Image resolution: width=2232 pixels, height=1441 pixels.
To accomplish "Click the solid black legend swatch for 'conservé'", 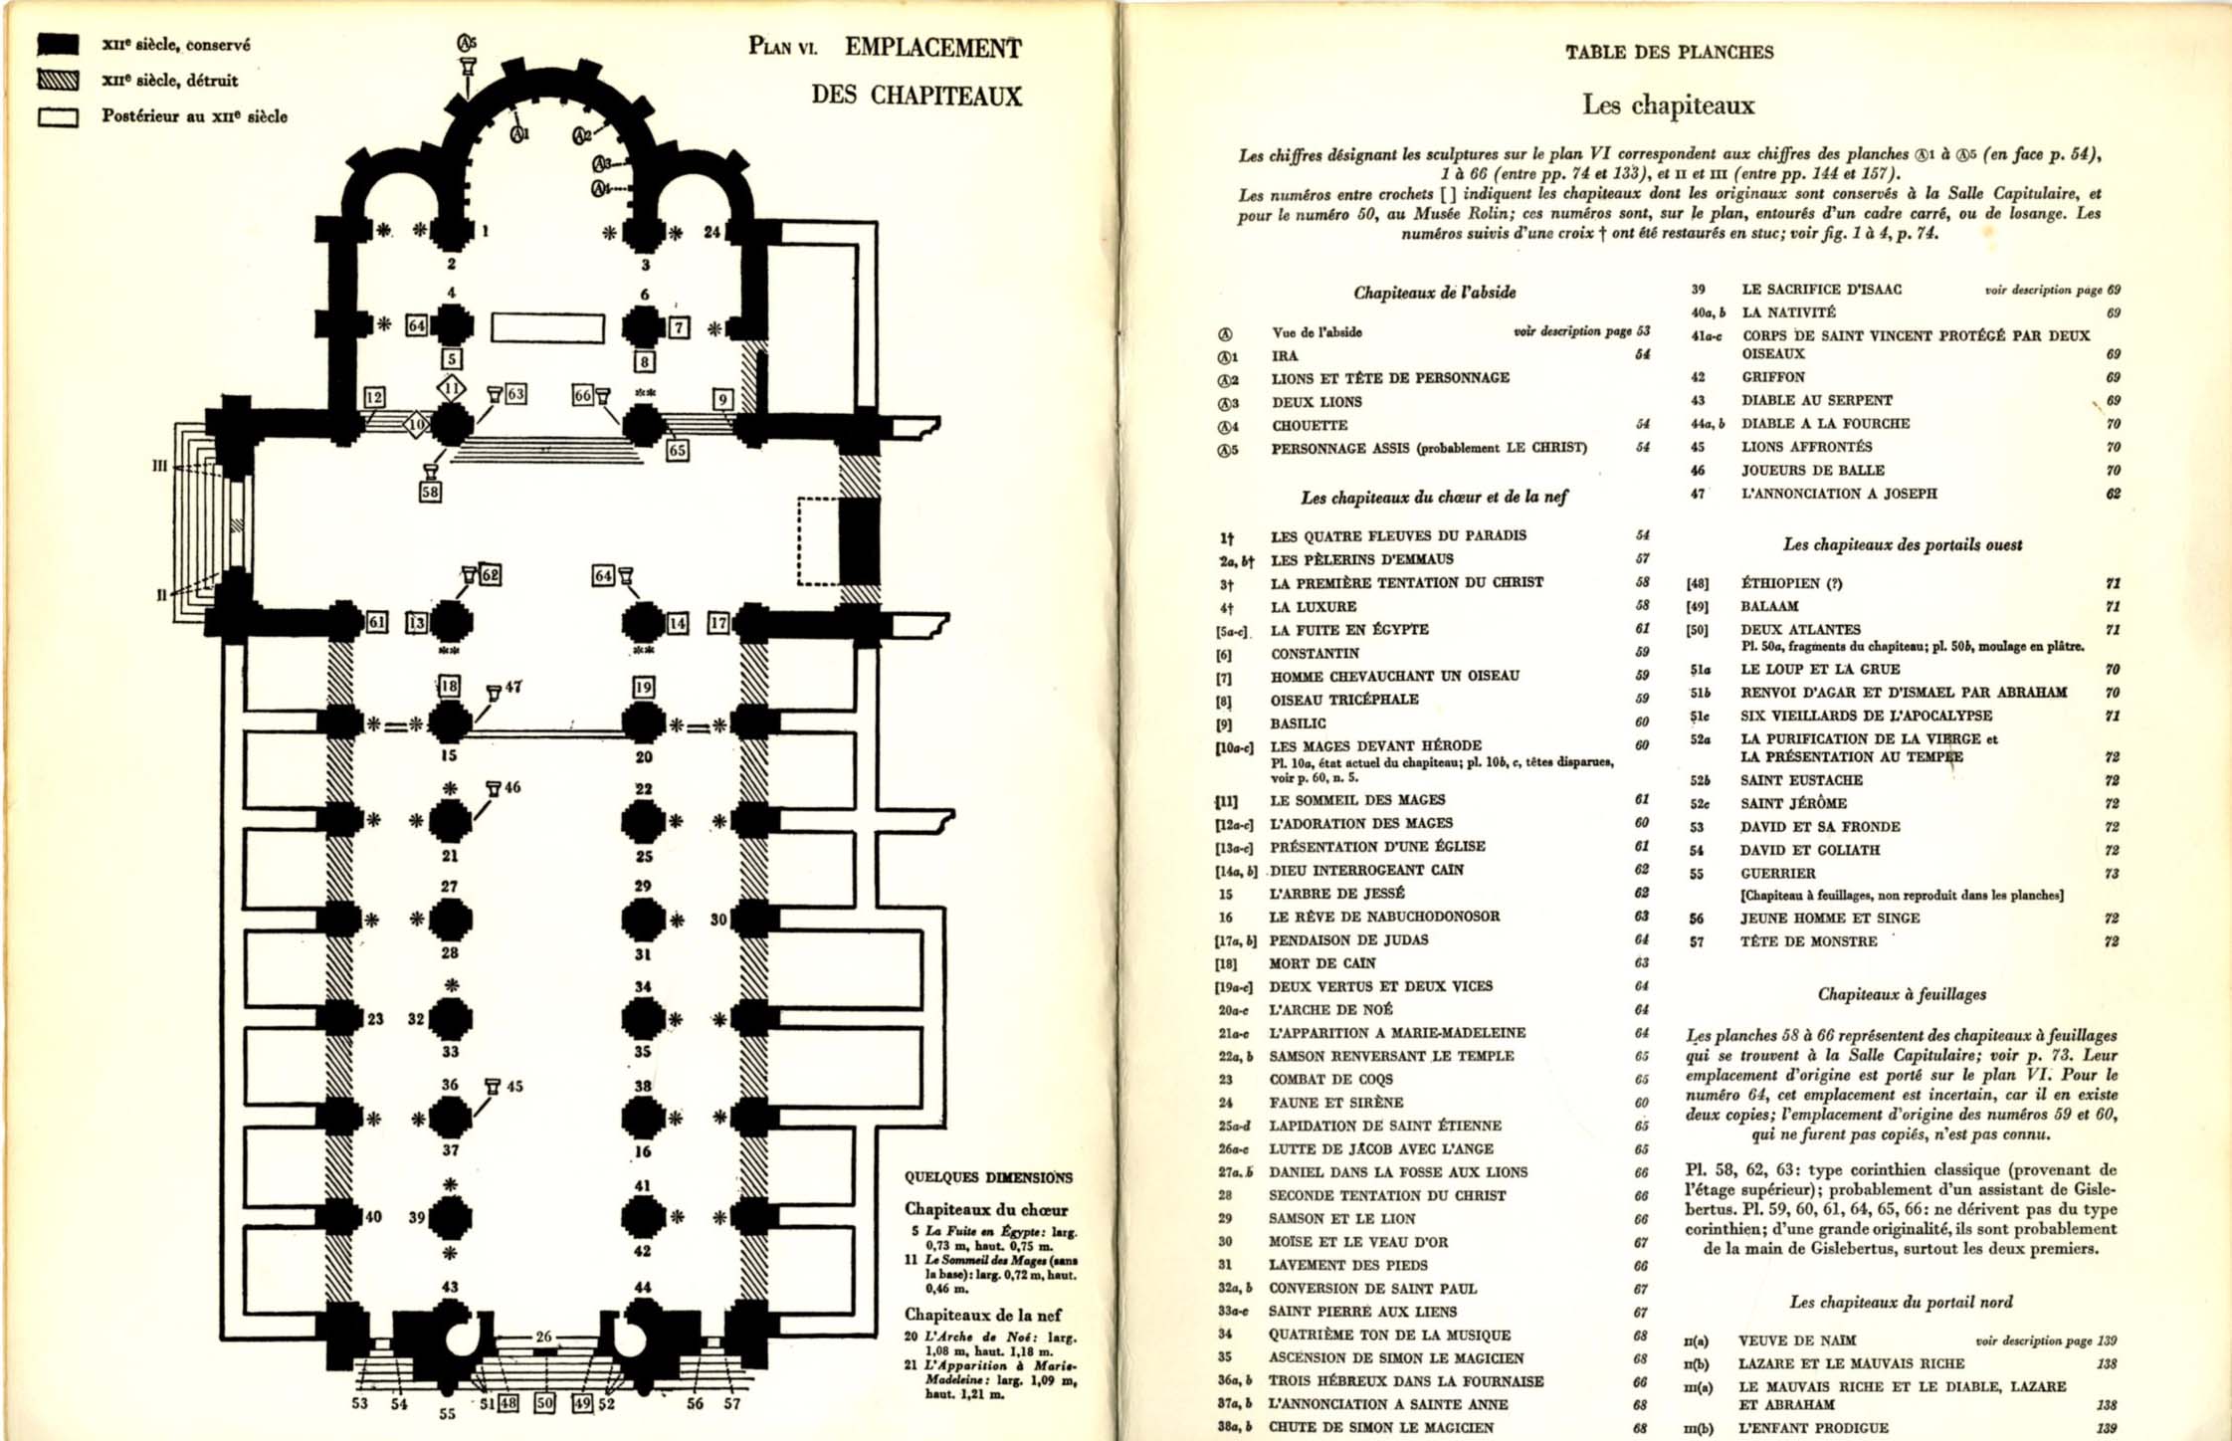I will click(58, 44).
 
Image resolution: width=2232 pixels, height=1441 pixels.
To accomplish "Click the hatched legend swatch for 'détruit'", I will click(58, 80).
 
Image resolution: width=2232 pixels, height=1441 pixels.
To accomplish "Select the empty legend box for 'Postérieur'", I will click(58, 116).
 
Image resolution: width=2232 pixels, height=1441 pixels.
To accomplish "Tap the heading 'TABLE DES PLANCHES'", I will click(1669, 52).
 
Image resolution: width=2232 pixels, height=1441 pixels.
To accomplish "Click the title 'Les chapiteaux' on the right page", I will click(1669, 104).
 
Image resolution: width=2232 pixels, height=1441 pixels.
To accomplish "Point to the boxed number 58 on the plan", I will click(430, 492).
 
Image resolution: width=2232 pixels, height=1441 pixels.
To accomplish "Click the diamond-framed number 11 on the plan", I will click(451, 387).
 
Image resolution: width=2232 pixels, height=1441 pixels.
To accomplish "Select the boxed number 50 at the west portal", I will click(544, 1403).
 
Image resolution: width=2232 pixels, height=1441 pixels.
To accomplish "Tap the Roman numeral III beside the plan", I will click(159, 465).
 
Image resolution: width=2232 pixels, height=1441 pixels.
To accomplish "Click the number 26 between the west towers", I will click(543, 1337).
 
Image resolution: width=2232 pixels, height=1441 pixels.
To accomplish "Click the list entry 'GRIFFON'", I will click(1772, 377).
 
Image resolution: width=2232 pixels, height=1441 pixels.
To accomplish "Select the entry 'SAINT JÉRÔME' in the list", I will click(1793, 803).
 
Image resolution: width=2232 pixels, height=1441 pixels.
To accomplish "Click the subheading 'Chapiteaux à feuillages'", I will click(1902, 993).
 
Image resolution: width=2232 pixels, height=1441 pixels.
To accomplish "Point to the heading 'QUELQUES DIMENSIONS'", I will click(988, 1177).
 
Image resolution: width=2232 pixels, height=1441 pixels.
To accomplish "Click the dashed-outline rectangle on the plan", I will click(818, 540).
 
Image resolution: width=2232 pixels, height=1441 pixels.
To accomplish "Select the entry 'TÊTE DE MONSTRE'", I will click(1808, 941).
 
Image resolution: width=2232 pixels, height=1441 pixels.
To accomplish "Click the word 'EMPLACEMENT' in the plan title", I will click(932, 48).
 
